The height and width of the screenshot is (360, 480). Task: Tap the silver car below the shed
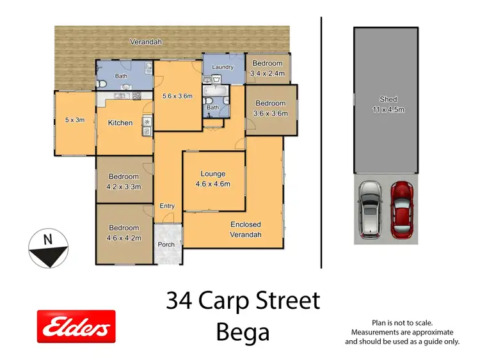(x=370, y=209)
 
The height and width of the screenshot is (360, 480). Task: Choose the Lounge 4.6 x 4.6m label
(x=213, y=179)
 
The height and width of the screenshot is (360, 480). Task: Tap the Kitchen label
(x=120, y=123)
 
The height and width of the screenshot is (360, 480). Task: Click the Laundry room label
(x=220, y=67)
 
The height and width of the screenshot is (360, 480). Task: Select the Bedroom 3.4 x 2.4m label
(x=267, y=68)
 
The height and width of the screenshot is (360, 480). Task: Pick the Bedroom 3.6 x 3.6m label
(x=271, y=109)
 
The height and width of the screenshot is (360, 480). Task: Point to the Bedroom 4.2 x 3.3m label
(x=124, y=182)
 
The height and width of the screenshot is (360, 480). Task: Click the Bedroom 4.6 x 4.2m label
(x=124, y=233)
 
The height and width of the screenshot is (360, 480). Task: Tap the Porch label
(x=166, y=244)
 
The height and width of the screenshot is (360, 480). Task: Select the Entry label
(x=167, y=206)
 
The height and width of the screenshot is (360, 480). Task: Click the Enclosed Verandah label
(x=246, y=230)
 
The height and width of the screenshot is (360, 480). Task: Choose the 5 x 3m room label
(x=75, y=120)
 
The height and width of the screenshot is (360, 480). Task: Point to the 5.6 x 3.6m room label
(x=178, y=97)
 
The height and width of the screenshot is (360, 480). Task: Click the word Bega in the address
(x=243, y=333)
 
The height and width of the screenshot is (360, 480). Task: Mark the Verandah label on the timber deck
(x=146, y=42)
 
